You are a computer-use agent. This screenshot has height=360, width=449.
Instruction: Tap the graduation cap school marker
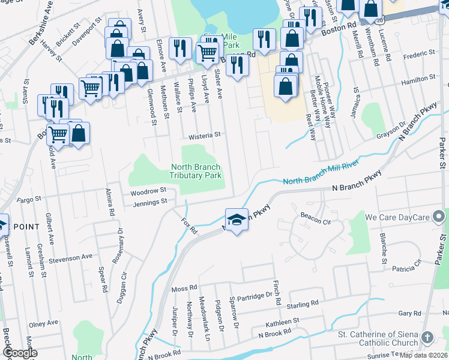(x=237, y=220)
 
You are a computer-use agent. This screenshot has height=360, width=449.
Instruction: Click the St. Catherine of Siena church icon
(x=427, y=338)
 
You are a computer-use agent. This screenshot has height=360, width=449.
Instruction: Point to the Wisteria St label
(x=205, y=136)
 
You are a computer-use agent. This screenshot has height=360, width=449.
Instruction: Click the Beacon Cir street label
(x=316, y=221)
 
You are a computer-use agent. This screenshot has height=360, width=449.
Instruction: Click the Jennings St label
(x=150, y=202)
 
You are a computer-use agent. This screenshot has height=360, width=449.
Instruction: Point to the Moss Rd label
(x=184, y=289)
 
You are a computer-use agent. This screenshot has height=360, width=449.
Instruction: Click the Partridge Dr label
(x=255, y=295)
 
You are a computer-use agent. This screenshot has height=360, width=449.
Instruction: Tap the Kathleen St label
(x=278, y=322)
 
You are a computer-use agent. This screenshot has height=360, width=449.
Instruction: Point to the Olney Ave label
(x=43, y=323)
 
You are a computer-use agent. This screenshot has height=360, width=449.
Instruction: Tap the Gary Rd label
(x=409, y=313)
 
